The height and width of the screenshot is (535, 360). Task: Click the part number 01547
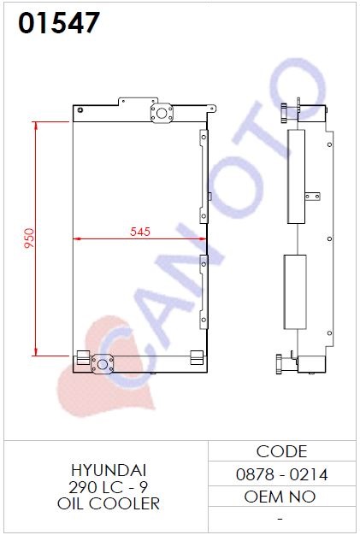tap(59, 22)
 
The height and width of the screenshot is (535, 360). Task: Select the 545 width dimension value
tap(140, 232)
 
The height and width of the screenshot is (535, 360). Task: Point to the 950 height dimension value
tap(29, 238)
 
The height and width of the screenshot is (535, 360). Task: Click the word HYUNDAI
tap(109, 470)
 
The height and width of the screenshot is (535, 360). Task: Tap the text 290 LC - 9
tap(109, 487)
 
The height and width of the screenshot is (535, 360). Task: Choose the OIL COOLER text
tap(109, 503)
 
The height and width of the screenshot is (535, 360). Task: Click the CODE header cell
tap(281, 451)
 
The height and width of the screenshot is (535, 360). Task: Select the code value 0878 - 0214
tap(281, 474)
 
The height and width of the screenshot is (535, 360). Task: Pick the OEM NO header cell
tap(280, 497)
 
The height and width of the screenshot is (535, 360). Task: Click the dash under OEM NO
tap(280, 519)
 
